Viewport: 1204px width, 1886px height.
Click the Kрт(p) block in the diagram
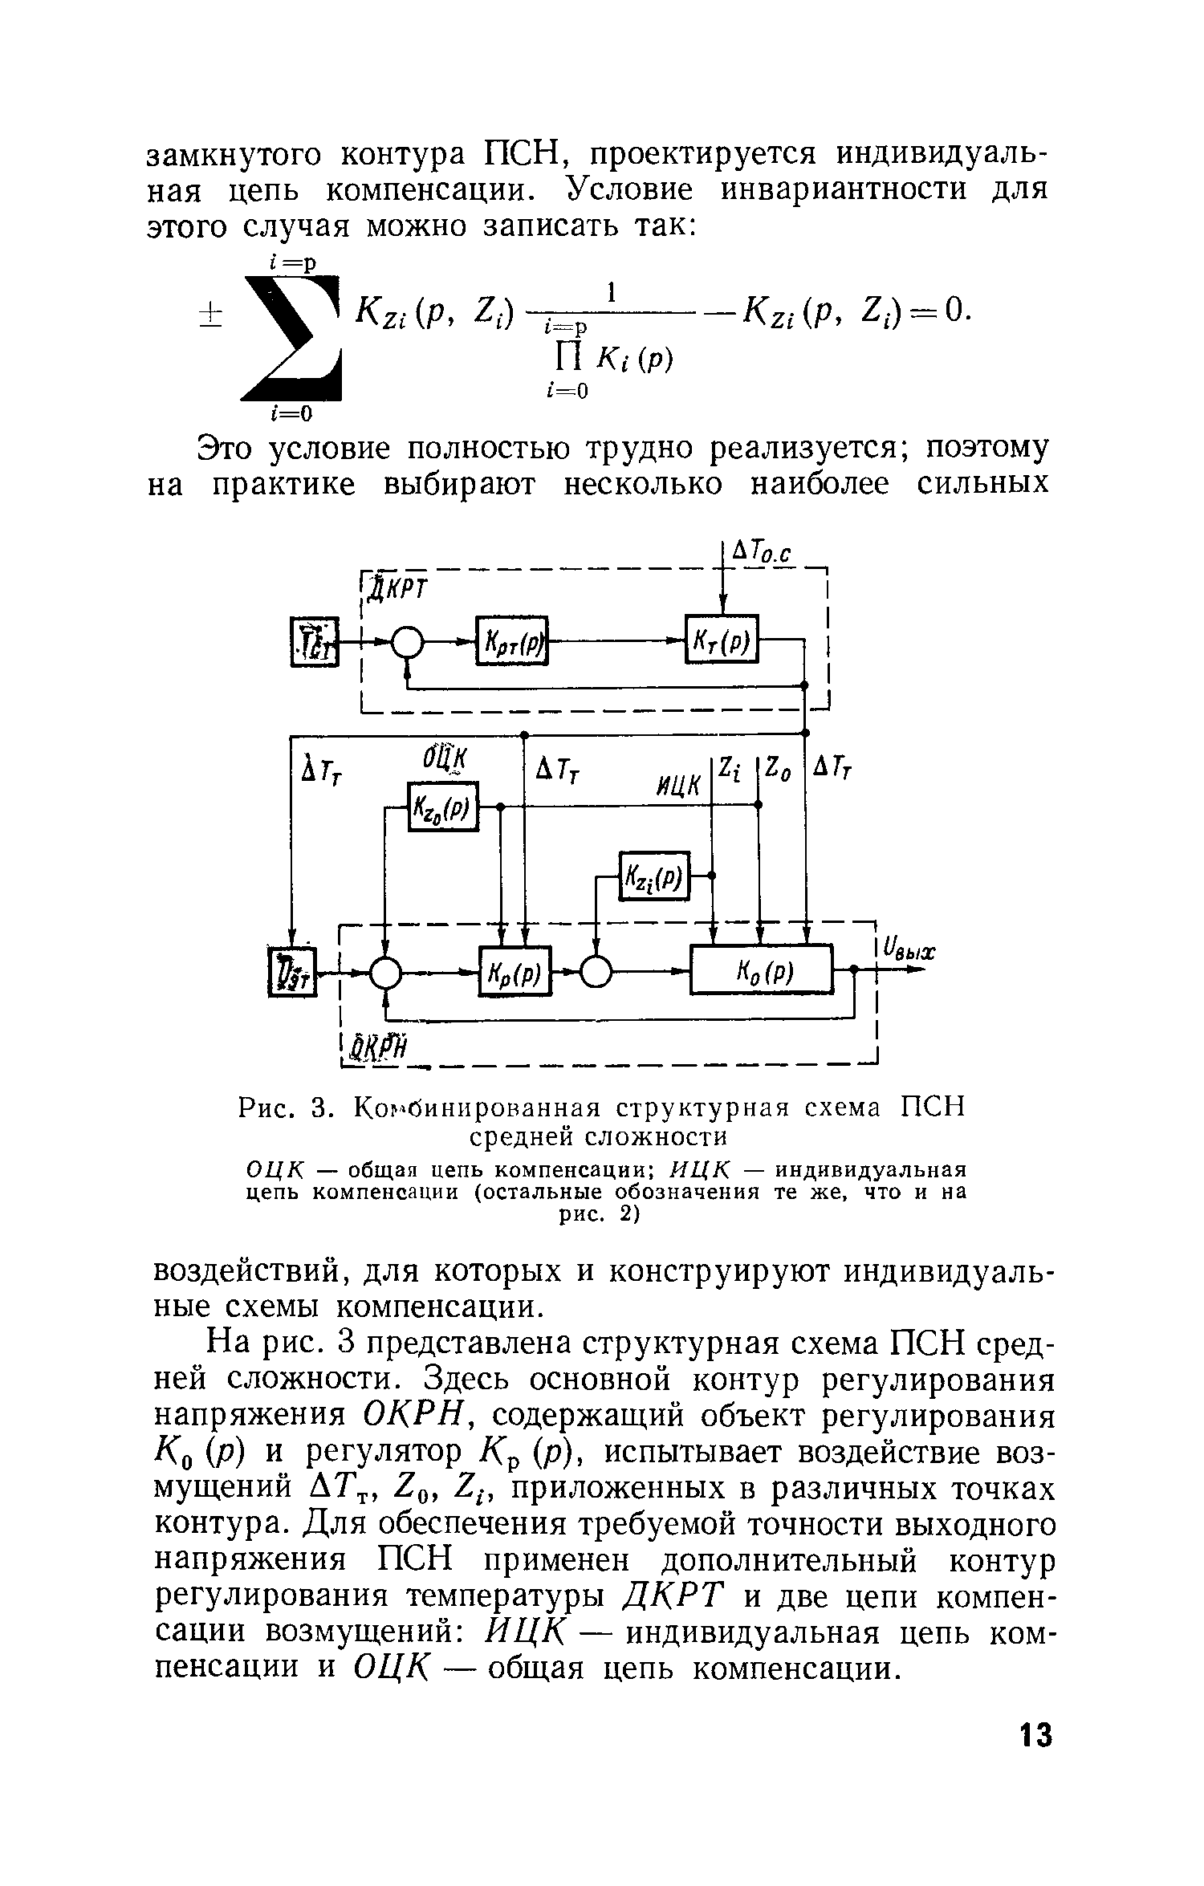tap(511, 640)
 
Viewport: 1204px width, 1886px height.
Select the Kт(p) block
tap(722, 640)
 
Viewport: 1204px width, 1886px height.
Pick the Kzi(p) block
tap(655, 876)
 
